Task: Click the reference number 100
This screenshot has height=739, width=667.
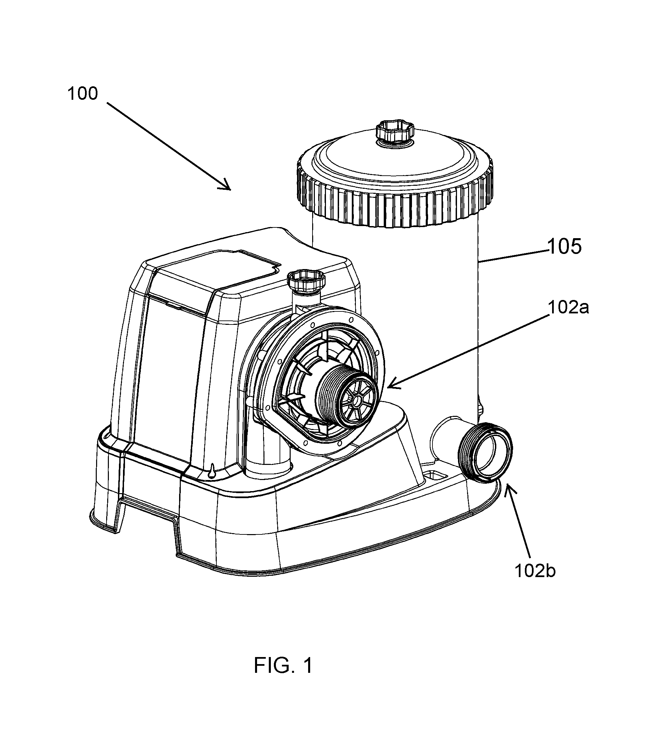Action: tap(83, 94)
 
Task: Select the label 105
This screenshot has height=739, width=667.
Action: tap(565, 247)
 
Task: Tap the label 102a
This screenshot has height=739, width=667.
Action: tap(569, 307)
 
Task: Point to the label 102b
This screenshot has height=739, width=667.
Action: tap(535, 571)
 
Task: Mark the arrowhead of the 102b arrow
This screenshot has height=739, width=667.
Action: tap(509, 489)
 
